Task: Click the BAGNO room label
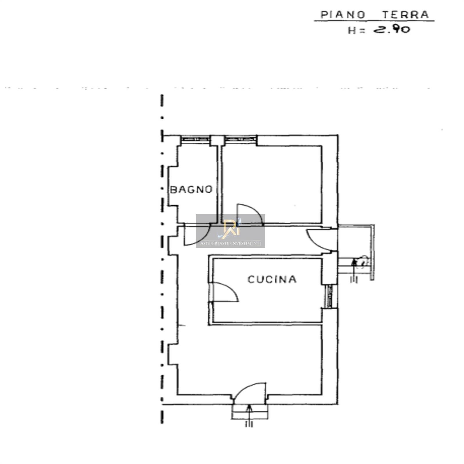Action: coord(191,190)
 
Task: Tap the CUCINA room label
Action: coord(272,279)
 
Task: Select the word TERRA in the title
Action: coord(405,15)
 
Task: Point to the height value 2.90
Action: coord(391,29)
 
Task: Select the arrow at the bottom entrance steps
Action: coord(249,412)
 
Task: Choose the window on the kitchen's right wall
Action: coord(329,296)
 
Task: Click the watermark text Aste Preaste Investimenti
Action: coord(231,243)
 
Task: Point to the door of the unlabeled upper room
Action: coord(249,215)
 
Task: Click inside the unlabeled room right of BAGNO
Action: coord(273,183)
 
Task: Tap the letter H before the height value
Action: coord(352,30)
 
